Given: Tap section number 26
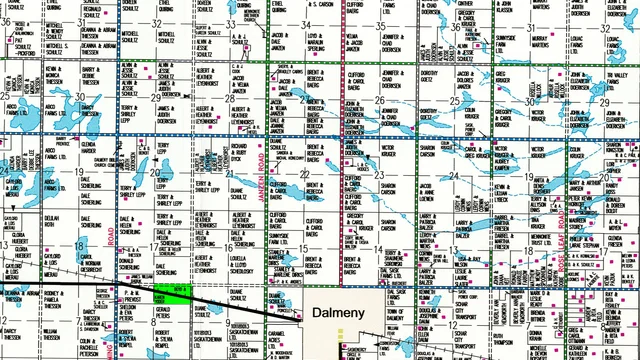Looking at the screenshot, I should pos(380,100).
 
